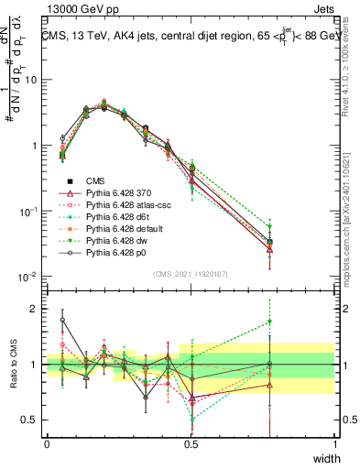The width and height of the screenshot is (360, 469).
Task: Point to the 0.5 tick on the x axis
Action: [x=191, y=444]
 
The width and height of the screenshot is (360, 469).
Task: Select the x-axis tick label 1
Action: [x=335, y=444]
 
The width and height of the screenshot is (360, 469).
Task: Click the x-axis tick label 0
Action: [x=47, y=444]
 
